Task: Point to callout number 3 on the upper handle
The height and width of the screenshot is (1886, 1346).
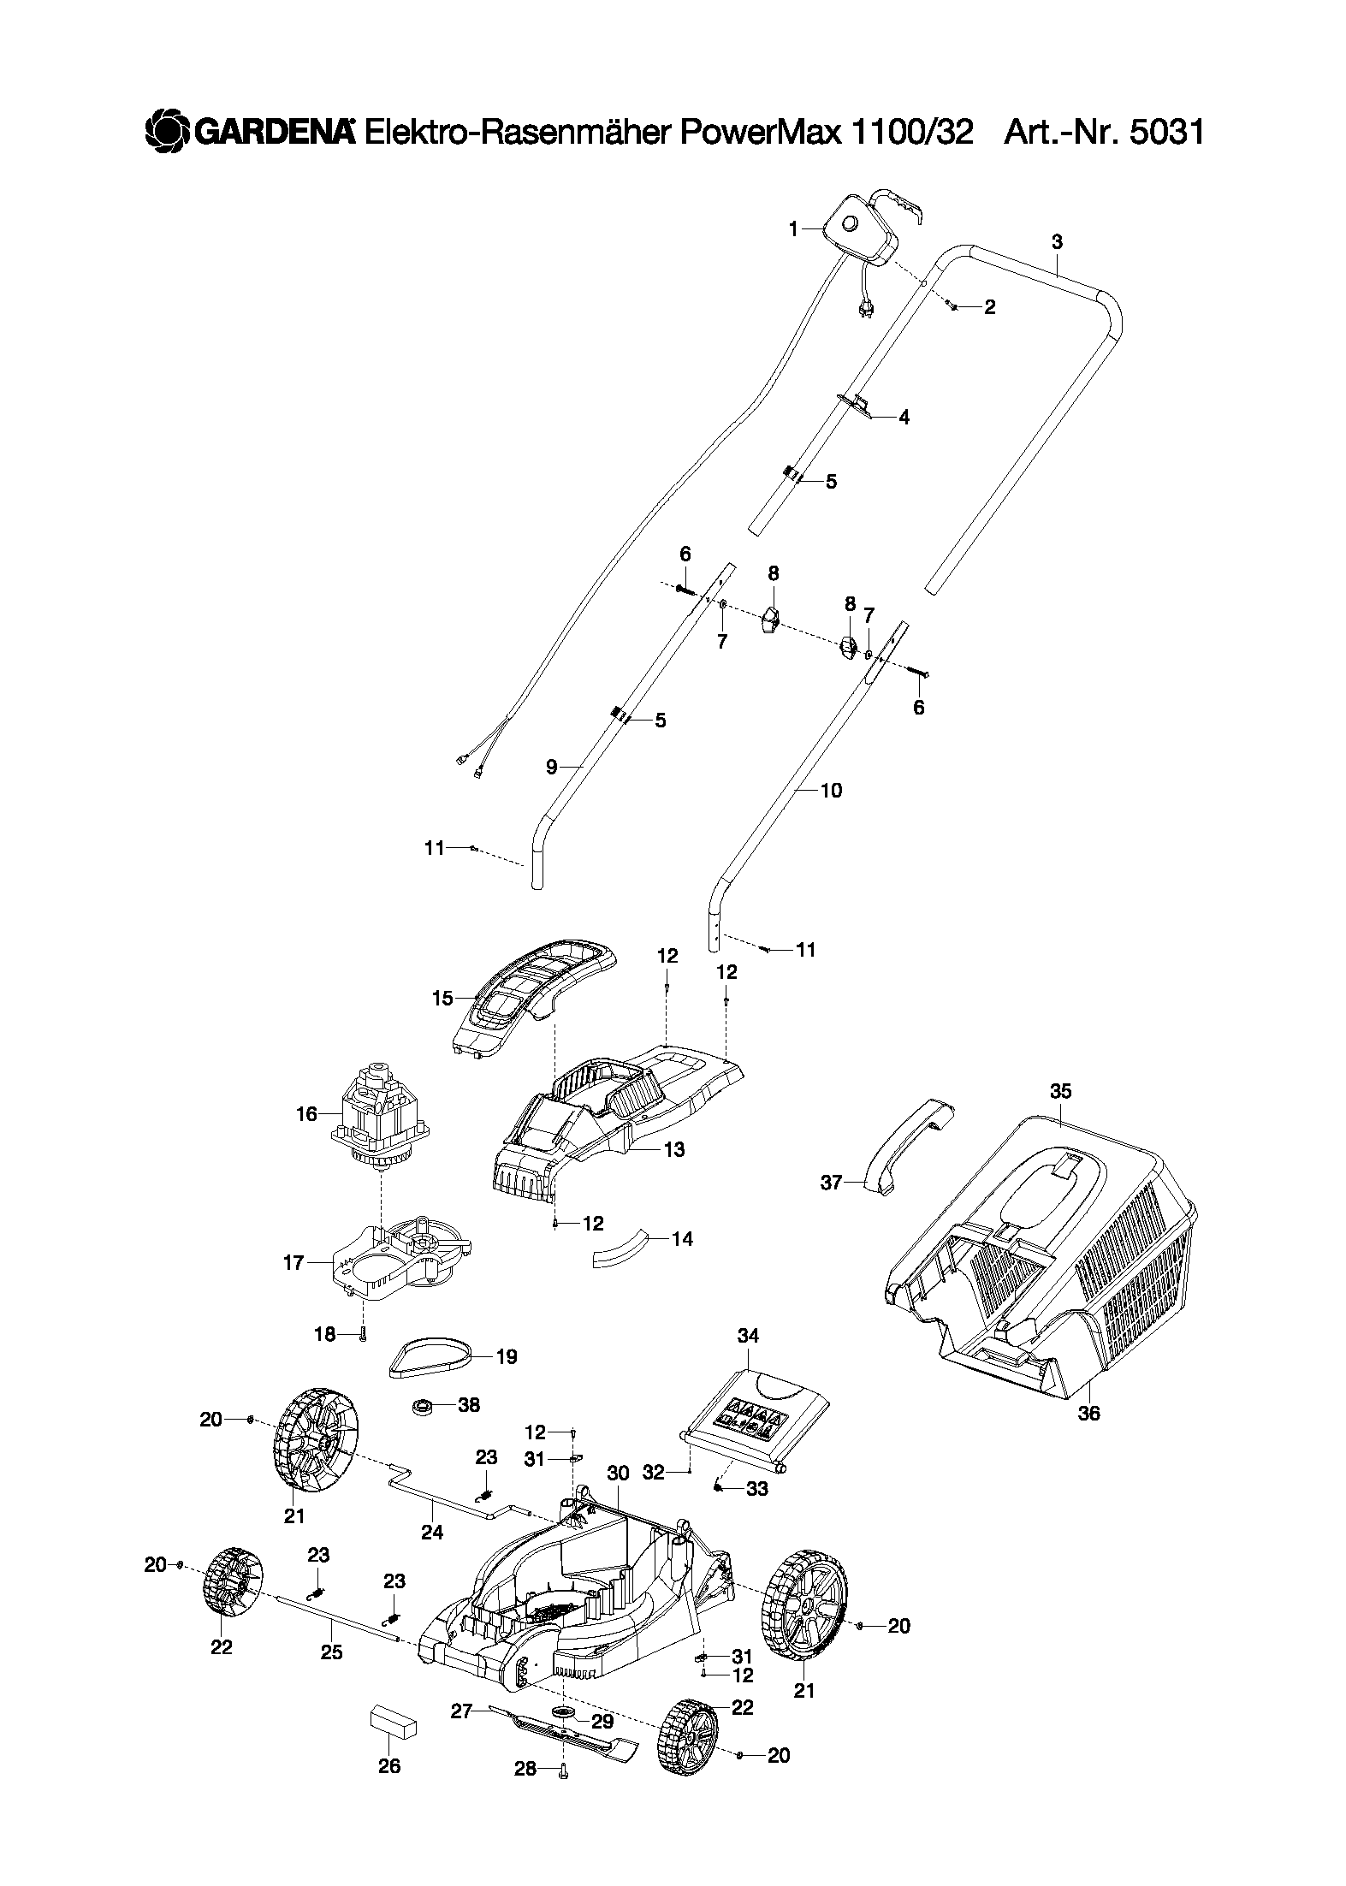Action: point(1057,242)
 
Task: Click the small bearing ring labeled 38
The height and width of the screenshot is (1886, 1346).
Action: point(423,1405)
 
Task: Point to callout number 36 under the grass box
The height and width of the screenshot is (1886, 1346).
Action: point(1088,1414)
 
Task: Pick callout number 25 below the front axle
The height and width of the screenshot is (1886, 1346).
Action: point(331,1652)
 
